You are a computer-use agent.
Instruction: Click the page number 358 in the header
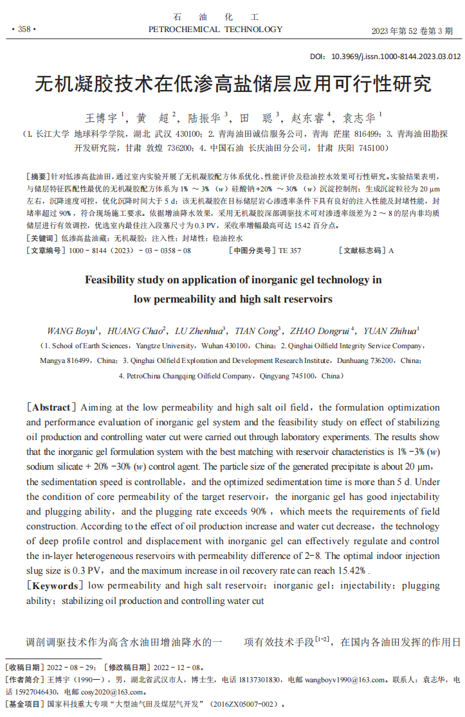point(24,30)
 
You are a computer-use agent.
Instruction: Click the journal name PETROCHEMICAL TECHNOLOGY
point(215,30)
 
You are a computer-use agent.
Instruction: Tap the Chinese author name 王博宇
point(101,118)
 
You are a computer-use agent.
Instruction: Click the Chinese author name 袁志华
point(360,118)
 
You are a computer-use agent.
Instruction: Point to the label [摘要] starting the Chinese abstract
point(38,176)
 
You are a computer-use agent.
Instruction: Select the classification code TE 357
point(289,251)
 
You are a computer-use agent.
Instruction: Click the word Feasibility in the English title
point(113,280)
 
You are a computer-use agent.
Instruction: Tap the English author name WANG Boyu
point(71,331)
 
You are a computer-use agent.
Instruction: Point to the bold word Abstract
point(51,407)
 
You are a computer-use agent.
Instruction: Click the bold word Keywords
point(55,585)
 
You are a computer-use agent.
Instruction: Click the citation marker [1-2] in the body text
point(322,640)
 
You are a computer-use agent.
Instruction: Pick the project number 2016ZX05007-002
point(244,705)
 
